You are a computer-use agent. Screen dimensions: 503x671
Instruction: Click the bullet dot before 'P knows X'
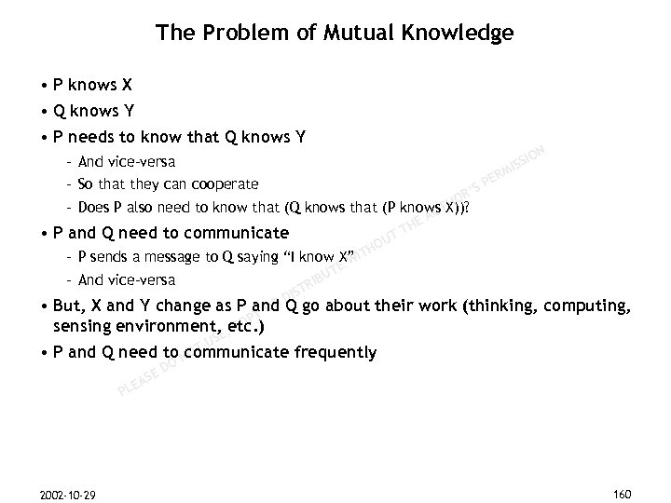click(44, 86)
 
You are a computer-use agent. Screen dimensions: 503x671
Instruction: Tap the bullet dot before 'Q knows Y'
click(44, 114)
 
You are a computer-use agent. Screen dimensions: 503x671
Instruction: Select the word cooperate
click(226, 184)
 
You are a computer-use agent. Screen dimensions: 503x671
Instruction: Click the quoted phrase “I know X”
click(308, 257)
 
